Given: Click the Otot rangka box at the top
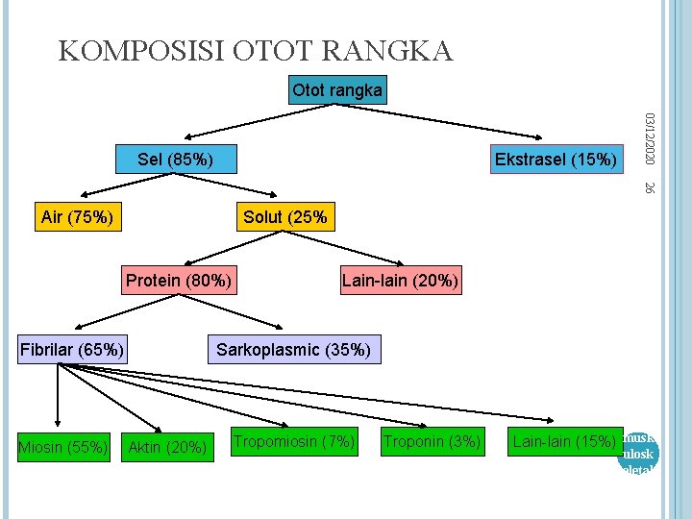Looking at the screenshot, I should (336, 91).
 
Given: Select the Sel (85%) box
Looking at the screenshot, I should (175, 159).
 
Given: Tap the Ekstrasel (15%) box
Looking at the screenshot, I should (556, 159).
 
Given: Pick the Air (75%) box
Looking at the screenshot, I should (77, 217).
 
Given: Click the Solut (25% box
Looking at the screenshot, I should (284, 217).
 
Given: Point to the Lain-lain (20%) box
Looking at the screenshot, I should (400, 281).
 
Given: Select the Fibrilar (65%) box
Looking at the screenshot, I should (72, 349).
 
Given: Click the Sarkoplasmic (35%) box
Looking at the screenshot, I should (293, 349).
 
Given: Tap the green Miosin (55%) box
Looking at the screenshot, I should (62, 446).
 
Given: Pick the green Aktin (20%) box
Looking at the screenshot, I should (166, 446).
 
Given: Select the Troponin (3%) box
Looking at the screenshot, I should (431, 441).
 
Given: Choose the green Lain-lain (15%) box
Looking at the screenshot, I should (563, 441).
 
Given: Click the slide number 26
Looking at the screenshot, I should (650, 189).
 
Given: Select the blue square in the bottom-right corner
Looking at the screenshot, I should (637, 452).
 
